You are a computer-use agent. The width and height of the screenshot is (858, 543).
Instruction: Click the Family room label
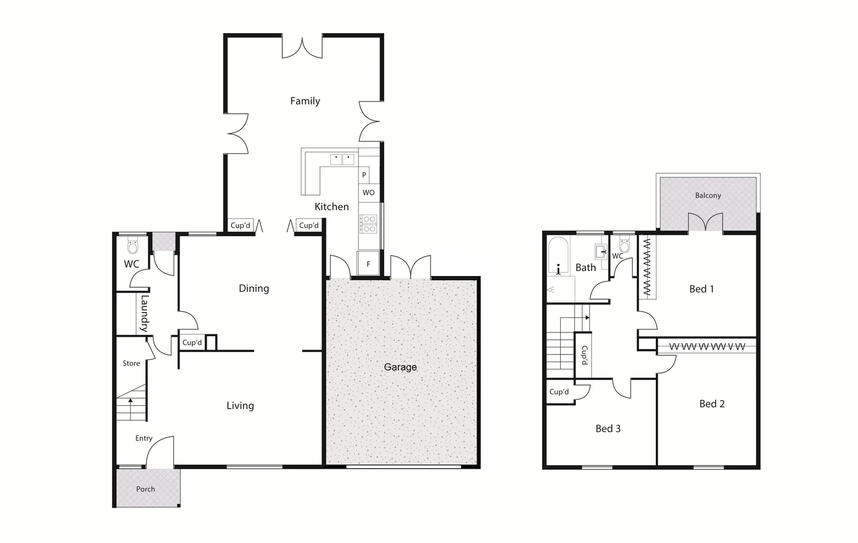click(x=305, y=101)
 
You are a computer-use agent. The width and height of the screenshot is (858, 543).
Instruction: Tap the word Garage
click(x=400, y=367)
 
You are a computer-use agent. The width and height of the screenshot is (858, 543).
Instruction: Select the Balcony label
click(x=708, y=196)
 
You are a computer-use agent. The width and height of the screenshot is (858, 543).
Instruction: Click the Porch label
click(x=145, y=489)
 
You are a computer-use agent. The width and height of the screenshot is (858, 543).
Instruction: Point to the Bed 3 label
click(x=608, y=429)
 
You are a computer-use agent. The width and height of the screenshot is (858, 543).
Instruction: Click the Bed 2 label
click(x=712, y=404)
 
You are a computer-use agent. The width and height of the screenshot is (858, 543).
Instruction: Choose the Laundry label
click(x=144, y=313)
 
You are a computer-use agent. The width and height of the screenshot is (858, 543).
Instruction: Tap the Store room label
click(x=131, y=364)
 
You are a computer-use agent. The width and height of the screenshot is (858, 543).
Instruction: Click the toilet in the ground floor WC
click(x=133, y=246)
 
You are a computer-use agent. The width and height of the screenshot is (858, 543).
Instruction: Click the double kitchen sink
click(x=342, y=160)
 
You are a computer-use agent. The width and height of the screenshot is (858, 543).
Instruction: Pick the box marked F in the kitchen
click(x=368, y=264)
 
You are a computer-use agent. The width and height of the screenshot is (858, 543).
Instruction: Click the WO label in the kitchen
click(x=369, y=193)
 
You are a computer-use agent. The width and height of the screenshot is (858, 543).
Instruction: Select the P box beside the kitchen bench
click(x=364, y=175)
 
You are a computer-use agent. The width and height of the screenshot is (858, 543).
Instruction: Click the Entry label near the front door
click(x=144, y=438)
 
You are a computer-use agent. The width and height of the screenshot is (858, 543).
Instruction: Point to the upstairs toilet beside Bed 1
click(x=624, y=246)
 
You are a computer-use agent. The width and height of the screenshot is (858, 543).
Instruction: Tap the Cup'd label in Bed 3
click(x=559, y=392)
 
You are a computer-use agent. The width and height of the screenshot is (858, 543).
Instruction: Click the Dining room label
click(x=253, y=289)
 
